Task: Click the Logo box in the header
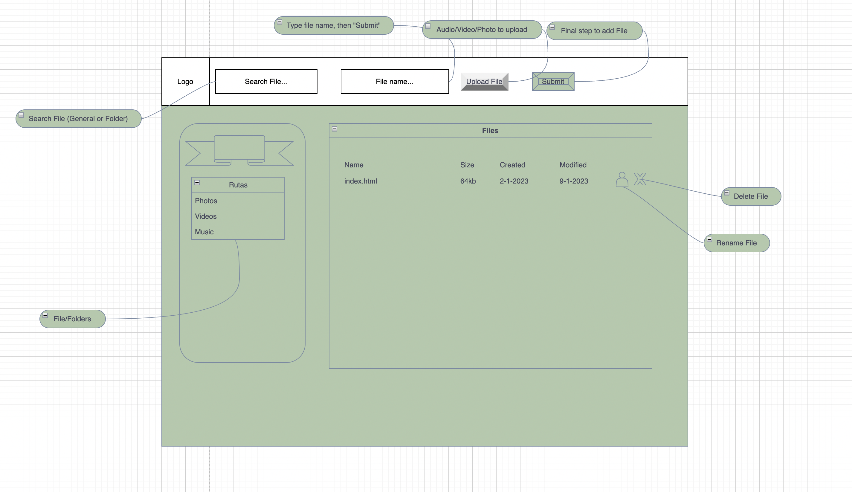[x=185, y=81]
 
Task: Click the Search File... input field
[x=266, y=81]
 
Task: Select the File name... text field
[x=394, y=81]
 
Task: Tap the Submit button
[x=553, y=81]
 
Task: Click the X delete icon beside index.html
[x=640, y=179]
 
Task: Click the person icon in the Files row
[x=622, y=179]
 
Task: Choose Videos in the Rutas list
[x=205, y=216]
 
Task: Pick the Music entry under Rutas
[x=204, y=232]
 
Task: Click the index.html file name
[x=360, y=181]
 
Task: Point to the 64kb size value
[x=468, y=181]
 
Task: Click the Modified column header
[x=573, y=165]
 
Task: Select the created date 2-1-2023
[x=514, y=181]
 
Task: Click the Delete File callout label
[x=751, y=196]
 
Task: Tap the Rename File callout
[x=736, y=243]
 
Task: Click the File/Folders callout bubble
[x=72, y=319]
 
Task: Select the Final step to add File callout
[x=594, y=31]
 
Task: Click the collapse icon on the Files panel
[x=335, y=129]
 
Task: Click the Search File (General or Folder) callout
[x=78, y=119]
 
